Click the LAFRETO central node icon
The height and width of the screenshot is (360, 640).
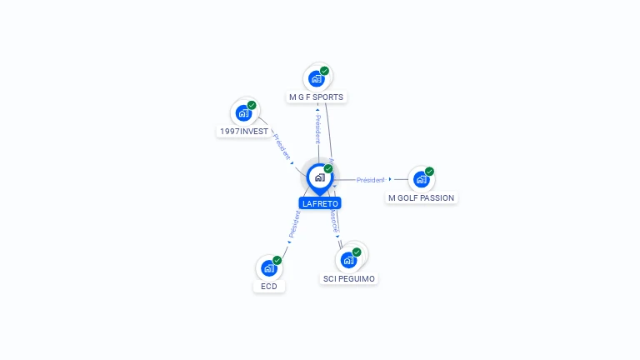click(318, 177)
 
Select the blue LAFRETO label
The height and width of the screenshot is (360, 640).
click(320, 203)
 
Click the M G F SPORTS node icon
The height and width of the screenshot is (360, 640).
click(316, 79)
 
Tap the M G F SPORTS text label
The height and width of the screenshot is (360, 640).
click(316, 97)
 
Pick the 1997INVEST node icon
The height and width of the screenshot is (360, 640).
click(243, 113)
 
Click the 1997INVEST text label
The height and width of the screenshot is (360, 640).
click(244, 132)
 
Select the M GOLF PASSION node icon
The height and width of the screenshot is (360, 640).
click(421, 179)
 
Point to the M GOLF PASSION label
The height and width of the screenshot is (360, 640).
click(422, 198)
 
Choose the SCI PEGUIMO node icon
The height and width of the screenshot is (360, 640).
click(348, 260)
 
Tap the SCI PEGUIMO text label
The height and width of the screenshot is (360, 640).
click(349, 278)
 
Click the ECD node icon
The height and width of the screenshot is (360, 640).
click(268, 268)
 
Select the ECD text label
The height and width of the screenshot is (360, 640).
click(268, 287)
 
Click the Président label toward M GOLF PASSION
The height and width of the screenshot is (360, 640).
click(371, 180)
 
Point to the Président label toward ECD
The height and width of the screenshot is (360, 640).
click(294, 223)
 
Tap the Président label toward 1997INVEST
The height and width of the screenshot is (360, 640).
click(282, 145)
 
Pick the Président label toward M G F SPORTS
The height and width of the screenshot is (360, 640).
click(317, 129)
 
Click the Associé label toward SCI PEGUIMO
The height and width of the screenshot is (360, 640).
click(334, 220)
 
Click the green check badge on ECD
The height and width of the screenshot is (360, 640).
click(277, 260)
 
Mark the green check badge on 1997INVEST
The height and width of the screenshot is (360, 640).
click(252, 105)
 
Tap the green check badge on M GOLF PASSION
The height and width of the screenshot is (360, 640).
click(429, 172)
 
